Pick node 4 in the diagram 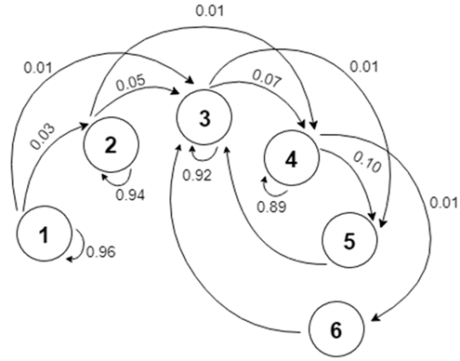(x=291, y=158)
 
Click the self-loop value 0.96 (x=100, y=250)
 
